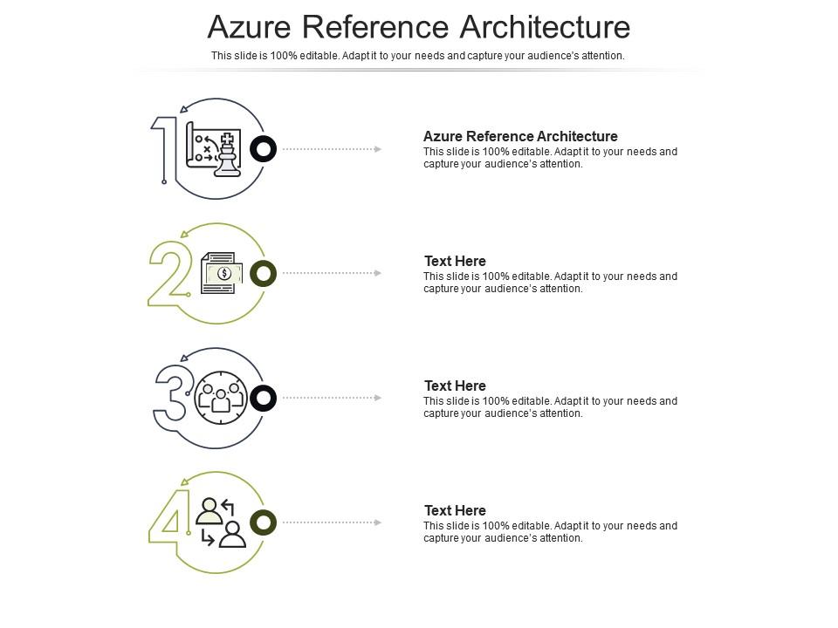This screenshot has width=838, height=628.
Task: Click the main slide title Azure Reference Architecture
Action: point(419,27)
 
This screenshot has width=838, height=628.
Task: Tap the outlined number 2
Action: point(168,273)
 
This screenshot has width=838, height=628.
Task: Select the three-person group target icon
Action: point(221,398)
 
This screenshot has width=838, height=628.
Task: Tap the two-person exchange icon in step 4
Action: point(221,522)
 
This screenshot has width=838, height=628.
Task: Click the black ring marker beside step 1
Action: point(263,149)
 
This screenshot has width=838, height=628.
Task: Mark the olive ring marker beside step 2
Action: point(263,274)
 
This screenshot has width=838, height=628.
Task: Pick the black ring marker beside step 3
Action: point(263,399)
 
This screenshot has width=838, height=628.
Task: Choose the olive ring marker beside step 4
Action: point(263,522)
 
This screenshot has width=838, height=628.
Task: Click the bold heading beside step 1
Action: point(520,136)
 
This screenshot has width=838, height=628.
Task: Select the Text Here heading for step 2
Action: point(455,261)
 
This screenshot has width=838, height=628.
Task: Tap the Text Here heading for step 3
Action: point(455,386)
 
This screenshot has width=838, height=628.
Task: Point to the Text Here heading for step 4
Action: point(455,510)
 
